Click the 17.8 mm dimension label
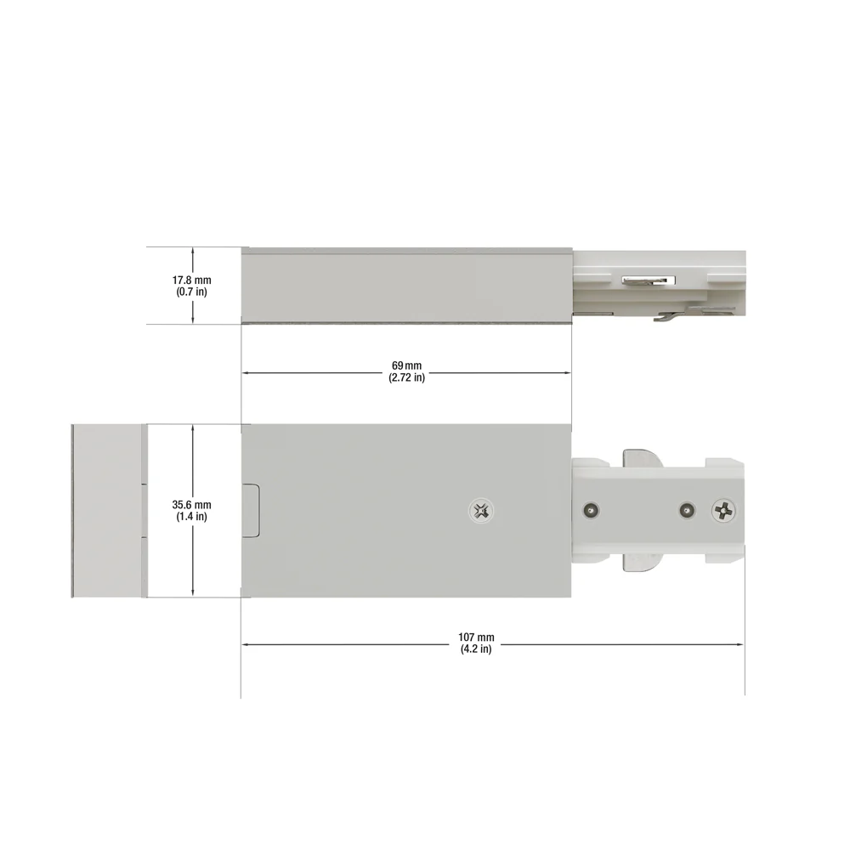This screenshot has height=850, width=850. [192, 280]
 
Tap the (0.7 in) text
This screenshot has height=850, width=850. [192, 292]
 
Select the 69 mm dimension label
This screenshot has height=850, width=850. [406, 365]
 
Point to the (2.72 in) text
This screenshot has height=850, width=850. [406, 377]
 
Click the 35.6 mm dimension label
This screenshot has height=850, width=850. [192, 505]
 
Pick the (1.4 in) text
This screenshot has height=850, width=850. [192, 516]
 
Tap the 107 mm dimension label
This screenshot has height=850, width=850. [476, 637]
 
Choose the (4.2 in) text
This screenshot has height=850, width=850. [476, 649]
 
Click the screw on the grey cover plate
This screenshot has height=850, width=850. [481, 511]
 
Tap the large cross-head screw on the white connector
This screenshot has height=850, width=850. [725, 511]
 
